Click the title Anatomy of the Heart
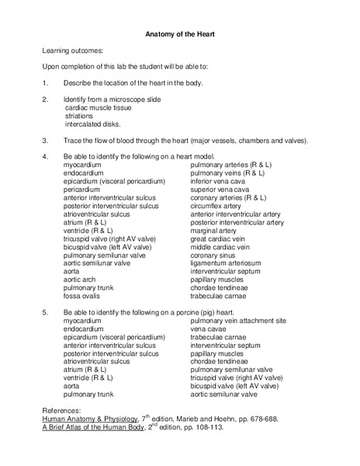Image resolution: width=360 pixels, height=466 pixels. [179, 33]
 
